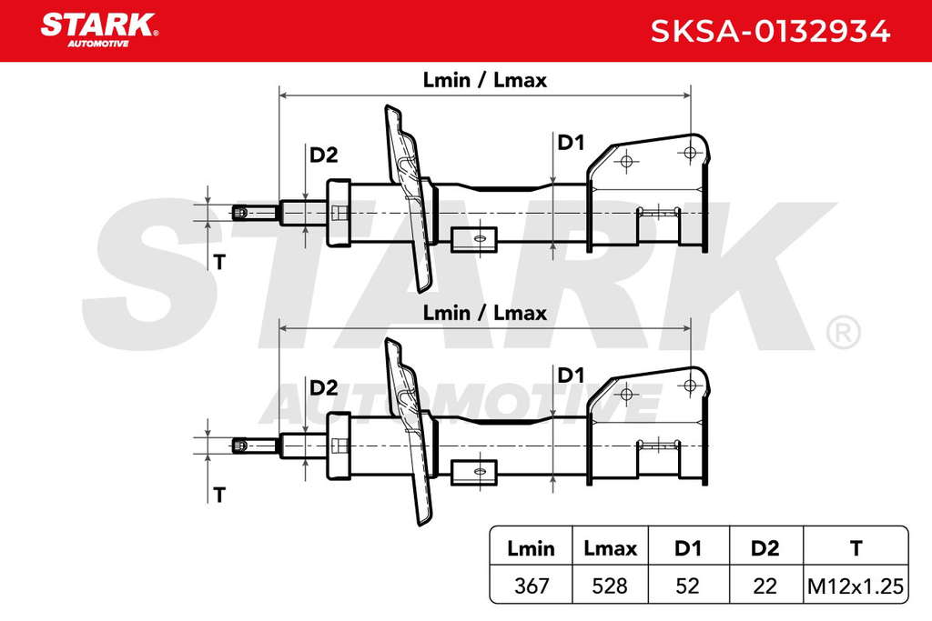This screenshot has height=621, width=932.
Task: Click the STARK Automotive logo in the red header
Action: (98, 30)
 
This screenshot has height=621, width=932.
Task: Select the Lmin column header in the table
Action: (531, 548)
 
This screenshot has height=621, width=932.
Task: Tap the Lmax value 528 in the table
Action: (610, 586)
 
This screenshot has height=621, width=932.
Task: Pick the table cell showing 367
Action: (532, 586)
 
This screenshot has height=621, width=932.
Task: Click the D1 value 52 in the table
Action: (688, 586)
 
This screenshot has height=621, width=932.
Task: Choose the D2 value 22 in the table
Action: (765, 586)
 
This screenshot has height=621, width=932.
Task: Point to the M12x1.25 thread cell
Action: (856, 586)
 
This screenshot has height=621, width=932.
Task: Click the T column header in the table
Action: (856, 548)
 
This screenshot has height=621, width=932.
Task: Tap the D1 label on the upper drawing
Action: (571, 143)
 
